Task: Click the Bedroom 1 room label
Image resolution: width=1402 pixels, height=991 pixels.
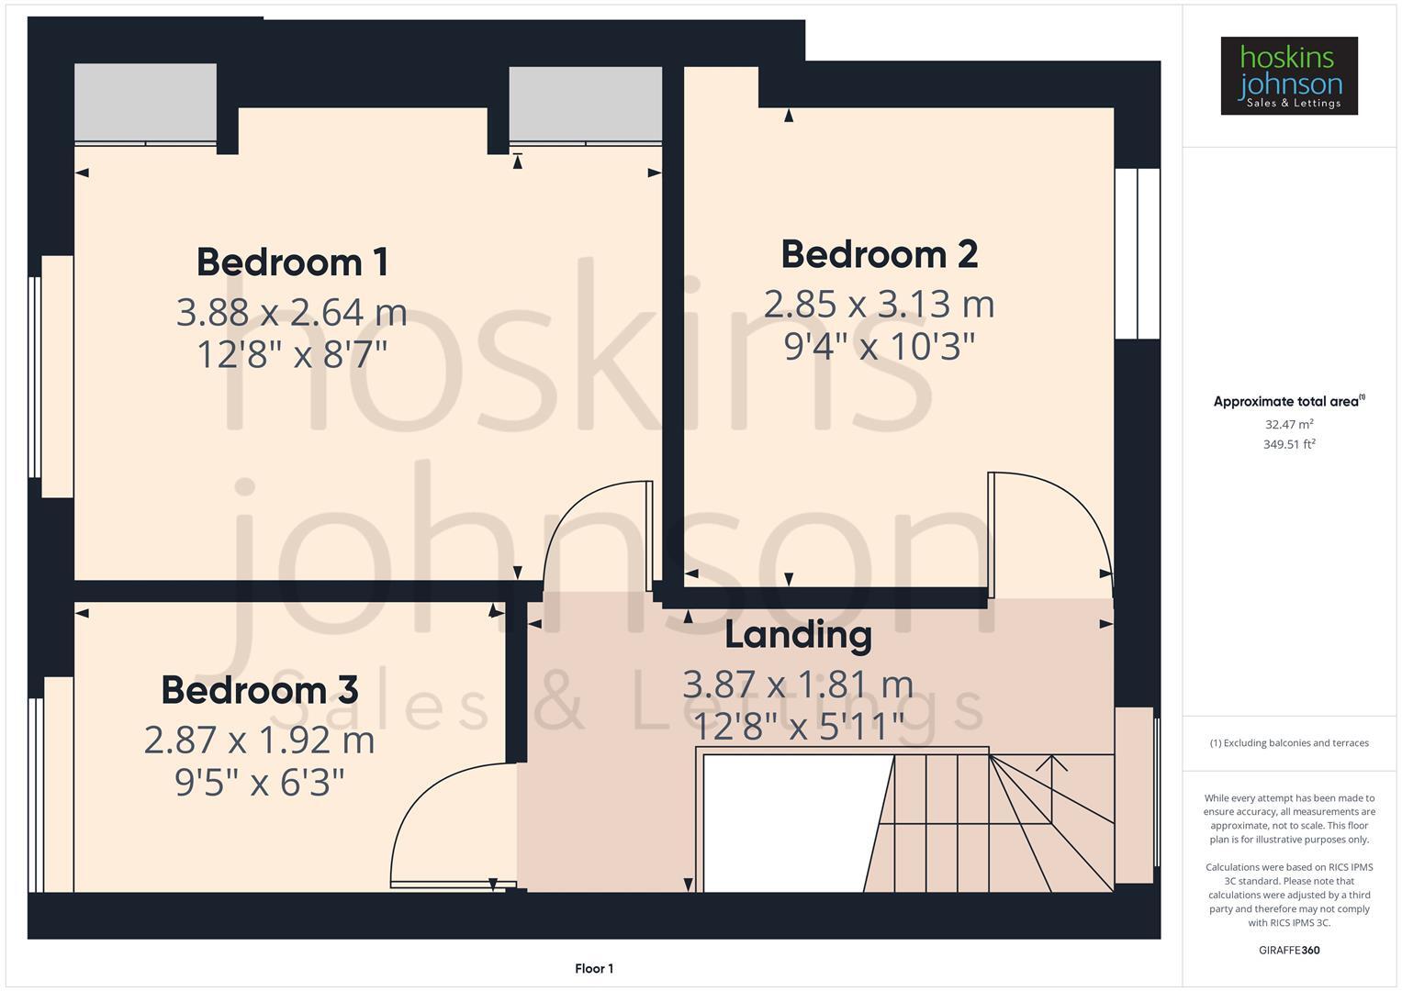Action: (x=292, y=262)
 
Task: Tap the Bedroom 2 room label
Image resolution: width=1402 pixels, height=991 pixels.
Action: (x=879, y=254)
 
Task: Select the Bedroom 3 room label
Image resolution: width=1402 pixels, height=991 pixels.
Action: (x=259, y=690)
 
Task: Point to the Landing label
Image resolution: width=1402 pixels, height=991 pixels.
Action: (x=798, y=635)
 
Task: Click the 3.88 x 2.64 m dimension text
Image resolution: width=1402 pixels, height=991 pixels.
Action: (x=291, y=313)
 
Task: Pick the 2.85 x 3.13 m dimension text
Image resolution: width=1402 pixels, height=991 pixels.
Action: (x=879, y=305)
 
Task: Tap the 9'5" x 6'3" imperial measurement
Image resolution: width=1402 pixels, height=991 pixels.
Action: (x=259, y=783)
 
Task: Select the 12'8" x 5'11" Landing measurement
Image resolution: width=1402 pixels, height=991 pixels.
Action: (x=798, y=727)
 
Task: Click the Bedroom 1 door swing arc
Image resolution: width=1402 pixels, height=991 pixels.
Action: (x=588, y=523)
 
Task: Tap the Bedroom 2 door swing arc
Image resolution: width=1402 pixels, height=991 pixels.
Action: (x=1065, y=514)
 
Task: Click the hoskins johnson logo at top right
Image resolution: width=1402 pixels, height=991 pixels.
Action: (x=1289, y=76)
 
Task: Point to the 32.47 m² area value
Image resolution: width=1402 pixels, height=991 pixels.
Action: (x=1289, y=425)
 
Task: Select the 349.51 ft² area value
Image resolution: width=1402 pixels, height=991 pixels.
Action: (x=1289, y=445)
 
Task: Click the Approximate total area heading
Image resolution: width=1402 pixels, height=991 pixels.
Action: (x=1288, y=402)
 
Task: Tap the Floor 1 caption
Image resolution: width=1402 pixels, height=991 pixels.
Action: (x=594, y=968)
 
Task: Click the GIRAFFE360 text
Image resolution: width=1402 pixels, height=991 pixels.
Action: (x=1289, y=950)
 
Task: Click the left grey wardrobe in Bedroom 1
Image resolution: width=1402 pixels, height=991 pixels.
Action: (x=145, y=103)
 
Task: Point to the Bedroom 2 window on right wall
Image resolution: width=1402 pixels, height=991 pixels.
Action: (x=1138, y=253)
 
